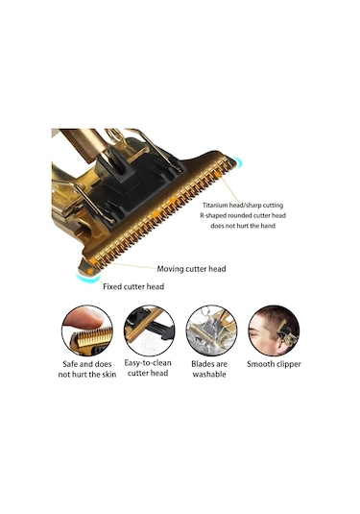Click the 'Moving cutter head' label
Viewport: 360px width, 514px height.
[191, 269]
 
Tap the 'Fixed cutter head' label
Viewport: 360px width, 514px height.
[133, 287]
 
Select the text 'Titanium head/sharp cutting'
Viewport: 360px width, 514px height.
[243, 206]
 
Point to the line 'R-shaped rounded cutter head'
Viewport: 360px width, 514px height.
[243, 216]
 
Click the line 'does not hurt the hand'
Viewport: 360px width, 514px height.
[243, 226]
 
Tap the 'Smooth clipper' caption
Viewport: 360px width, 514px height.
[274, 364]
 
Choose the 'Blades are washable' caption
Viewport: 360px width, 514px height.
[209, 369]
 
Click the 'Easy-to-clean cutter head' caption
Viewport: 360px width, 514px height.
[148, 368]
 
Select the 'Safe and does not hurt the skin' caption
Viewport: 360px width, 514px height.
[87, 369]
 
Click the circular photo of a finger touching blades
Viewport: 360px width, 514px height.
[87, 330]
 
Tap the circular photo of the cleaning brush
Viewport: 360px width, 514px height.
[149, 330]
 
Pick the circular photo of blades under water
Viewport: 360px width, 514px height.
[211, 330]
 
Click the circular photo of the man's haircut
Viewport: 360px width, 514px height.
[274, 330]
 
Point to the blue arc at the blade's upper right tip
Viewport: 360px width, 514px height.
[239, 162]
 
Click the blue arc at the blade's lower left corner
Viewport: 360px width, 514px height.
[86, 279]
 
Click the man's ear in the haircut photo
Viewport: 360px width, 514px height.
[276, 335]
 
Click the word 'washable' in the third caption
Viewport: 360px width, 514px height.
[209, 375]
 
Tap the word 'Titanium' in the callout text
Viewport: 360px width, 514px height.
[215, 206]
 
